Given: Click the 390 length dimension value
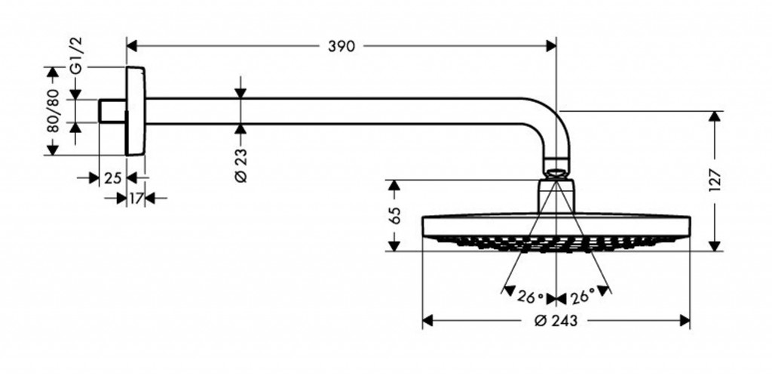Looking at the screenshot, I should pyautogui.click(x=341, y=46).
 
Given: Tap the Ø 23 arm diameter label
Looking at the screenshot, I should pyautogui.click(x=240, y=165).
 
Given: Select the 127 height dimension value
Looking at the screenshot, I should pyautogui.click(x=715, y=180).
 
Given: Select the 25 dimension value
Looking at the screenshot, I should pyautogui.click(x=112, y=178).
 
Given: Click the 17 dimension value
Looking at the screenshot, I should pyautogui.click(x=136, y=199).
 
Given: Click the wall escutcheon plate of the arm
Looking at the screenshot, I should pyautogui.click(x=136, y=111).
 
